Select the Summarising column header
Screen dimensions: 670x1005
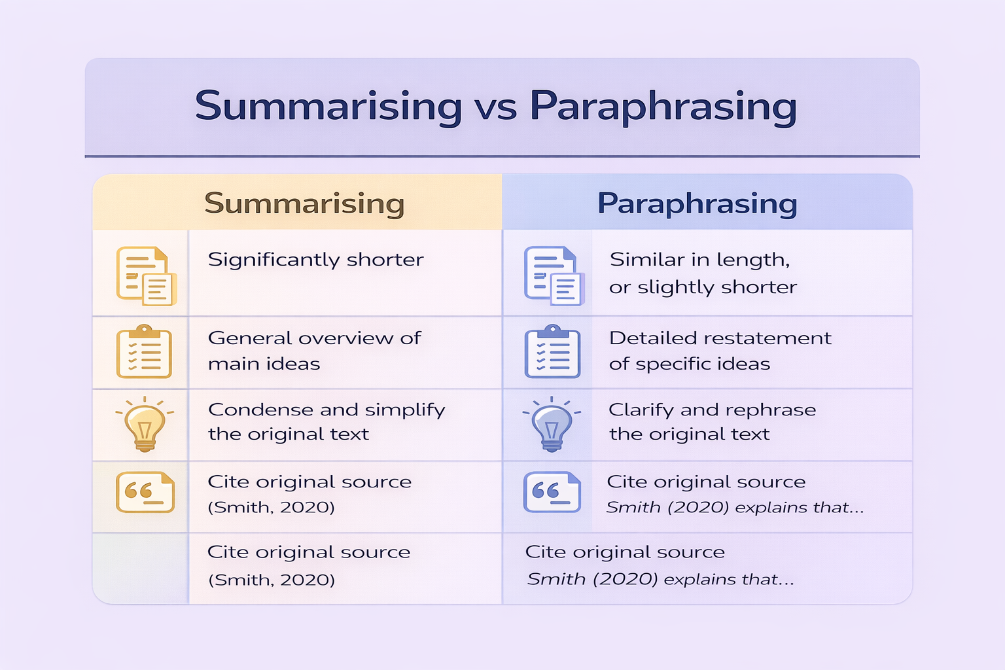coord(304,203)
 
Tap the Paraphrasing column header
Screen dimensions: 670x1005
coord(697,203)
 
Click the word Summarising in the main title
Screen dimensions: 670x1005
coord(328,107)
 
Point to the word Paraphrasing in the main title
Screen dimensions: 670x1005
coord(663,107)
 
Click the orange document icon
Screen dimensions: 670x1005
coord(146,275)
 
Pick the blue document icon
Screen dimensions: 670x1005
coord(553,275)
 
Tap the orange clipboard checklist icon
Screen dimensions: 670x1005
coord(144,351)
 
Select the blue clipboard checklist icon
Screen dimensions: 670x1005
coord(552,351)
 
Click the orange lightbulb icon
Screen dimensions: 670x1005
coord(145,425)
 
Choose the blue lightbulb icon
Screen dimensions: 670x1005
coord(552,425)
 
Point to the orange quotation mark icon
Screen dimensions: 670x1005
coord(145,492)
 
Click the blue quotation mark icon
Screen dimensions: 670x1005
coord(552,492)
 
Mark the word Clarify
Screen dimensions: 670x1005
coord(641,410)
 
